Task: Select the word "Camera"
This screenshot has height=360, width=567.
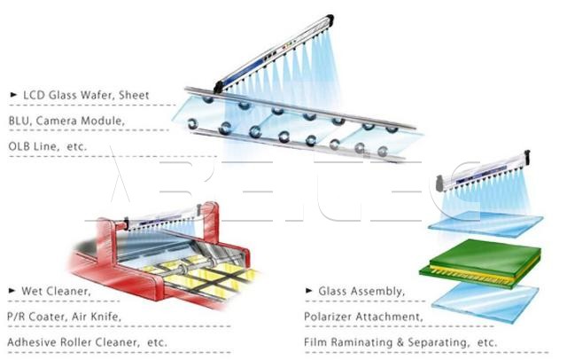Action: pyautogui.click(x=56, y=121)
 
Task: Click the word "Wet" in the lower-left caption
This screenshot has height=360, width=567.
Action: pyautogui.click(x=31, y=291)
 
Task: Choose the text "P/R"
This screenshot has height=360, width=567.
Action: pyautogui.click(x=16, y=317)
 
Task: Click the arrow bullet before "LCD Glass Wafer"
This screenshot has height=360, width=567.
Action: pyautogui.click(x=13, y=95)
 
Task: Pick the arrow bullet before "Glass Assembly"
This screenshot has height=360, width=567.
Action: pyautogui.click(x=309, y=290)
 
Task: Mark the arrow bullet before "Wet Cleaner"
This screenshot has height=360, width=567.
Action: pyautogui.click(x=12, y=290)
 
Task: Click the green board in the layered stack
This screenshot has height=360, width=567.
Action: pyautogui.click(x=485, y=259)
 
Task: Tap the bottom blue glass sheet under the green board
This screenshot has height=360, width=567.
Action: pyautogui.click(x=485, y=301)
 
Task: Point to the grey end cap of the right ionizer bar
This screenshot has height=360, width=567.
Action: pyautogui.click(x=439, y=183)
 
